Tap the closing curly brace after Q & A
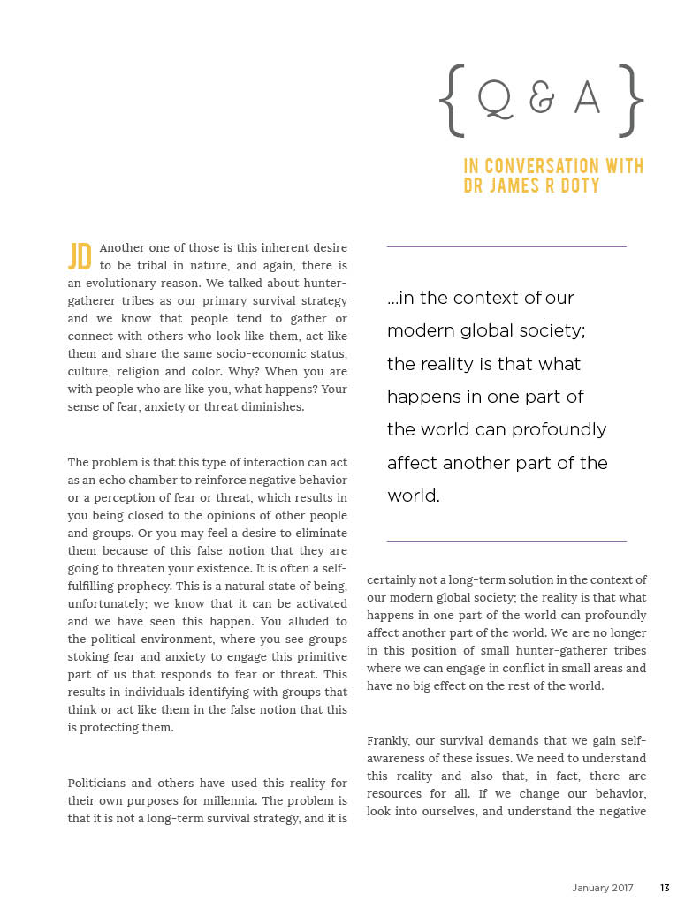click(631, 102)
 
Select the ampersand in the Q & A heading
click(541, 102)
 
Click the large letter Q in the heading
click(496, 102)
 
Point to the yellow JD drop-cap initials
click(80, 256)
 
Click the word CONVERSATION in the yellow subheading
click(547, 166)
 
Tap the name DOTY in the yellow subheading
click(579, 185)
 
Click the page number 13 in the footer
click(665, 889)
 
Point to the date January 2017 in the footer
click(603, 889)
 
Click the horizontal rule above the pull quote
click(506, 246)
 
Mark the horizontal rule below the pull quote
click(506, 541)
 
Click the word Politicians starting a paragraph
click(98, 783)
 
